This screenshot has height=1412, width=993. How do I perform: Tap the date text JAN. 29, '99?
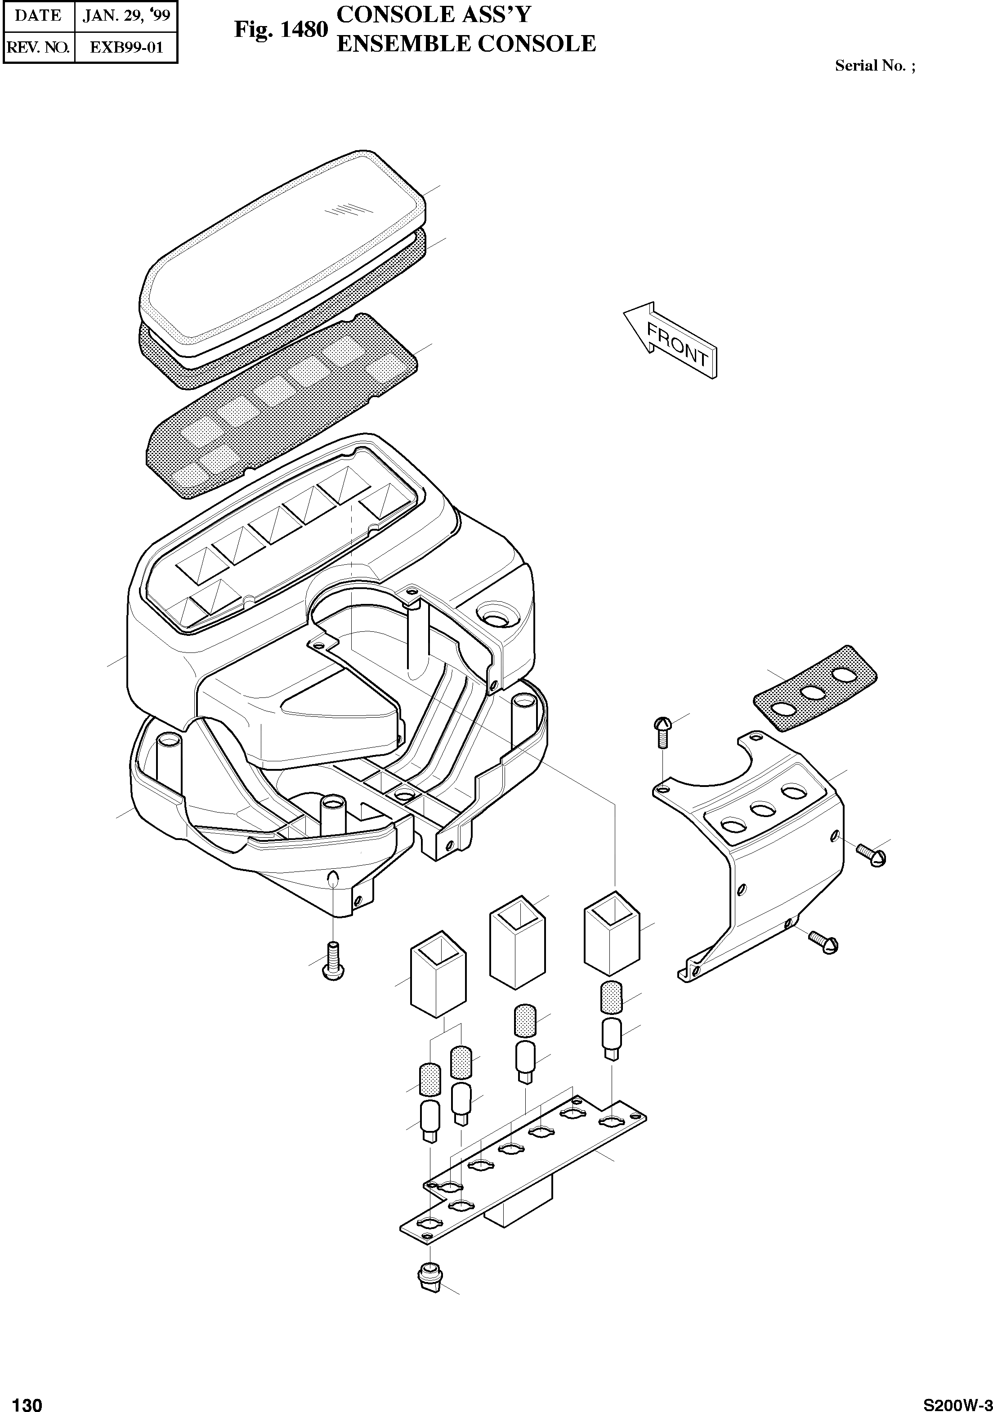[126, 15]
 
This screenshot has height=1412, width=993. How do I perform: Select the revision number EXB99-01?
[126, 47]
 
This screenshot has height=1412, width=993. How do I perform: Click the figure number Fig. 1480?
[280, 30]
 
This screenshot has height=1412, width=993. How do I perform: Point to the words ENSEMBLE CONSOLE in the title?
[466, 44]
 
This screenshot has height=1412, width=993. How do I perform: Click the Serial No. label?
[874, 66]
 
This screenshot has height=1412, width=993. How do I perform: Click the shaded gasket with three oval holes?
[815, 689]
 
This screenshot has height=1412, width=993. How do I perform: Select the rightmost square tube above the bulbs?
[611, 934]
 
